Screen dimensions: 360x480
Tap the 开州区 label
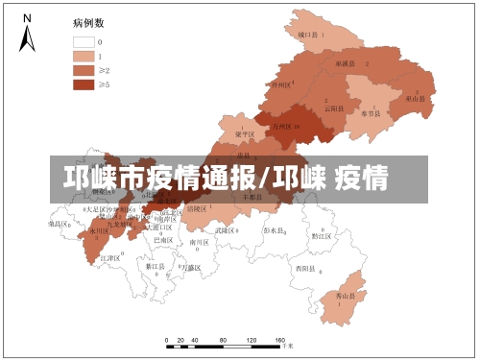tap(279, 84)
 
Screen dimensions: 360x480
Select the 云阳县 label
tap(332, 108)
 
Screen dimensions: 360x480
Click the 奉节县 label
tap(371, 112)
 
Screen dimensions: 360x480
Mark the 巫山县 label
tap(415, 98)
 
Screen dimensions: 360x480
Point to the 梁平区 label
tap(246, 134)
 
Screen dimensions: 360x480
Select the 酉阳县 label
tap(305, 268)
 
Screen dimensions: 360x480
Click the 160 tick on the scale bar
tap(280, 341)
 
